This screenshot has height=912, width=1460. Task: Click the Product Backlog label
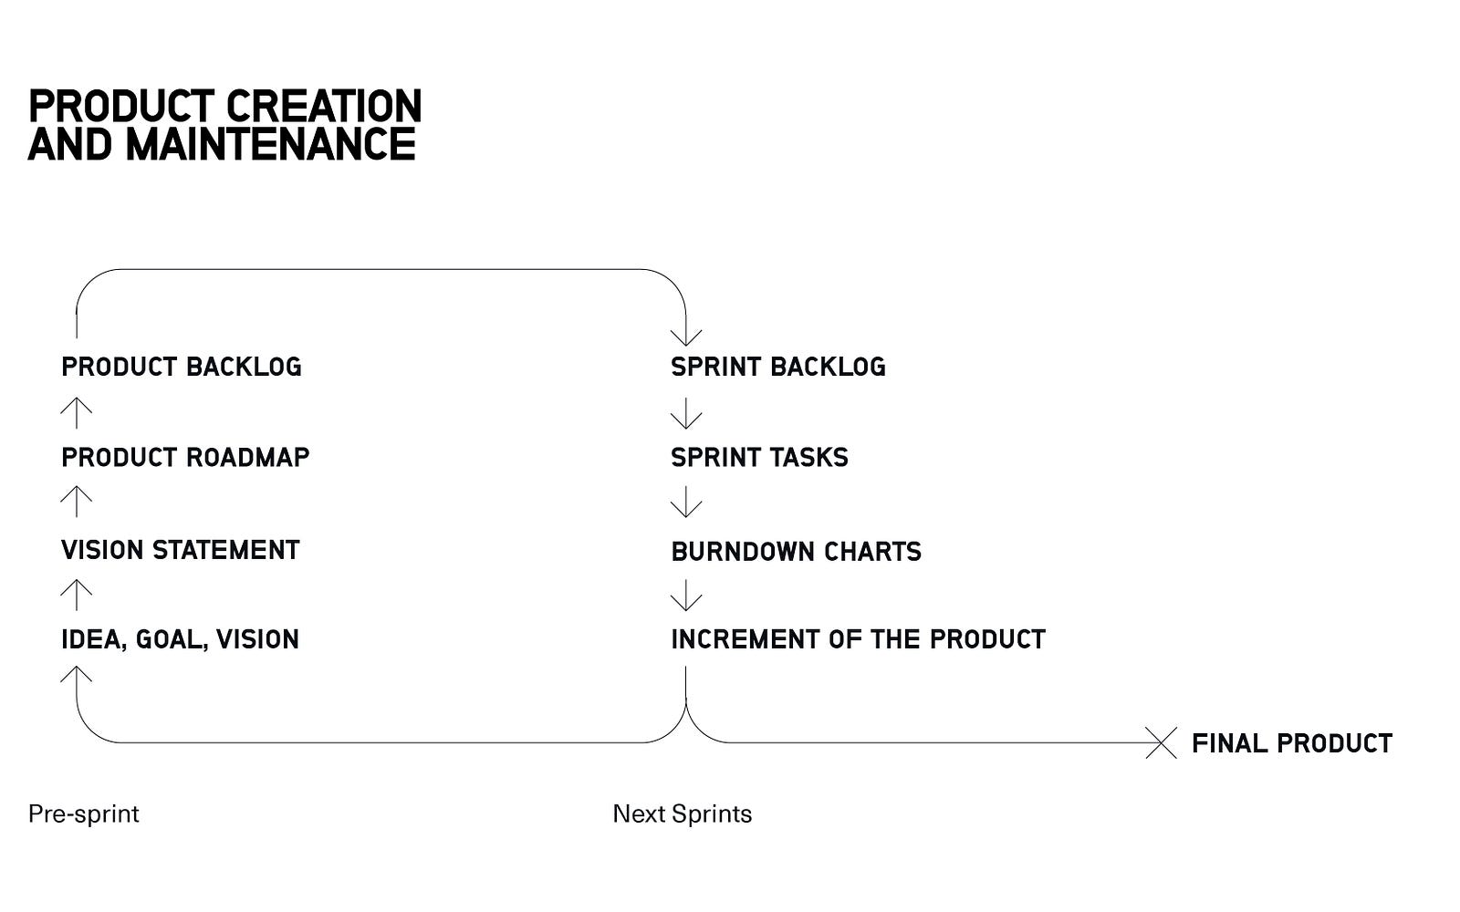[182, 367]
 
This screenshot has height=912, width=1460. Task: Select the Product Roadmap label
[185, 457]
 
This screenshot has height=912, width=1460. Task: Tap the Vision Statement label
[180, 550]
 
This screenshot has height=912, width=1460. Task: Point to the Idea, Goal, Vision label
[180, 639]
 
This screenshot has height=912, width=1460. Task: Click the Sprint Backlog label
[778, 367]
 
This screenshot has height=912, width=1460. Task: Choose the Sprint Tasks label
[759, 457]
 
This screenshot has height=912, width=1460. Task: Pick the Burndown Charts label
[796, 552]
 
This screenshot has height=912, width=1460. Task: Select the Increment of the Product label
[858, 639]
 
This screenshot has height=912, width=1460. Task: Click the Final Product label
[1292, 743]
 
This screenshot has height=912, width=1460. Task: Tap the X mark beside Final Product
[1161, 742]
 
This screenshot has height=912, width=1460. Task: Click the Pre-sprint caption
[83, 814]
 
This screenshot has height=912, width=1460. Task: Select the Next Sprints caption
[682, 814]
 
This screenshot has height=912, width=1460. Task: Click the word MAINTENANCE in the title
[270, 144]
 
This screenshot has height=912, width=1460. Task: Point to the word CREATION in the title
[323, 106]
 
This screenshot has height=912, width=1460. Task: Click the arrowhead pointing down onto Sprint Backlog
[685, 337]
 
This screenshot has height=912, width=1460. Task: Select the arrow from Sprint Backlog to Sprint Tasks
[685, 413]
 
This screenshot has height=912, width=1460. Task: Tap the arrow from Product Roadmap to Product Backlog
[77, 413]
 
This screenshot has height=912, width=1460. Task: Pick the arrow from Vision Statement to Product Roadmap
[77, 502]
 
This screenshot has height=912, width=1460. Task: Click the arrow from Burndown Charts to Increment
[685, 595]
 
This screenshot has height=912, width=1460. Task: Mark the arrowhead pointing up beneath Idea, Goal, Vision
[77, 674]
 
